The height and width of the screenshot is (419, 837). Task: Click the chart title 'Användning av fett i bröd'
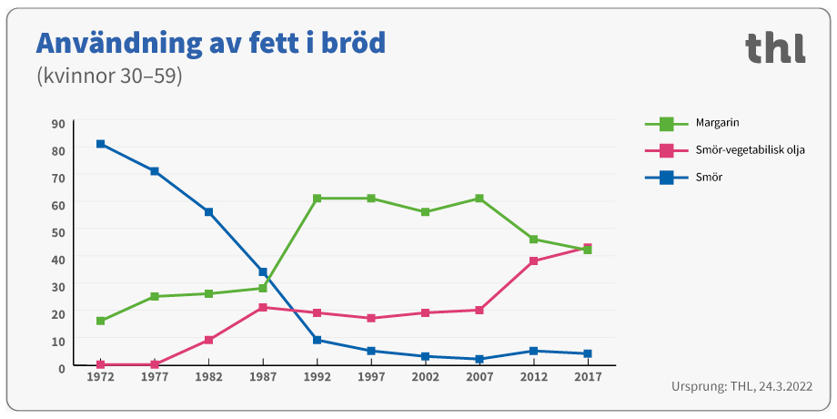coord(210,43)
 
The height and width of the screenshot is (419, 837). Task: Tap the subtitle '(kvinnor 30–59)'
coord(109,77)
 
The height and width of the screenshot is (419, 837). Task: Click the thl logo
coord(775,47)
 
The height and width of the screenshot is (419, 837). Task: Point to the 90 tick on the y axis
coord(58,124)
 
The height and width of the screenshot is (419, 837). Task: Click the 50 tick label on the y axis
coord(58,232)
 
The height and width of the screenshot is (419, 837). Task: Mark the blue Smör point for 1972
coord(100,144)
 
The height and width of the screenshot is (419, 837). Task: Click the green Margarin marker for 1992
coord(317,199)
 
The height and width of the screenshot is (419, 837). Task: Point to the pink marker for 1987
coord(263,308)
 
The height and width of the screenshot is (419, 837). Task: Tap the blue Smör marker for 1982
coord(208,212)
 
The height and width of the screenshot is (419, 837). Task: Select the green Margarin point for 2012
coord(533,240)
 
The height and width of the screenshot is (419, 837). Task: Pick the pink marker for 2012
coord(533,261)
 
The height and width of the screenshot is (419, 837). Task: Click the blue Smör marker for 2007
coord(479,359)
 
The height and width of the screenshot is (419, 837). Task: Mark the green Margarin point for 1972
coord(100,322)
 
